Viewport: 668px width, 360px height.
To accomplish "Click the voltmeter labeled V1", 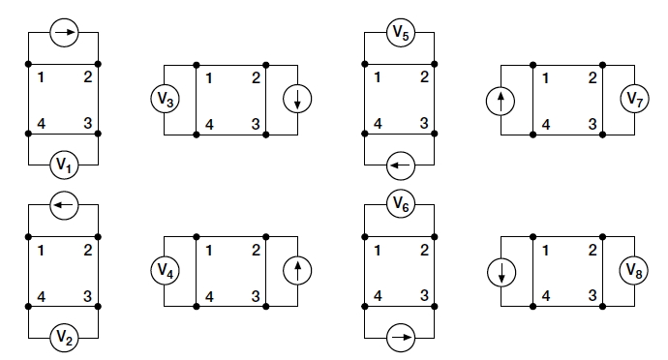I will point(64,165).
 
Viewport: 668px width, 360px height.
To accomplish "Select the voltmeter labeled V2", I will point(64,338).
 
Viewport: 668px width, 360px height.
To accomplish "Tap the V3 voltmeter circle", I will point(165,99).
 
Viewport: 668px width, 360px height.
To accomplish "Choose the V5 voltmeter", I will point(399,33).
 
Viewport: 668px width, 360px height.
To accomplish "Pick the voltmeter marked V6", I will point(399,203).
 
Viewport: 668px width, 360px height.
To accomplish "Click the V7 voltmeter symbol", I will point(635,99).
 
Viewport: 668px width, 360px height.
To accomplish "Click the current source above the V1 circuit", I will point(64,33).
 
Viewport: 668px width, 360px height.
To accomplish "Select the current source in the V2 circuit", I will point(64,204).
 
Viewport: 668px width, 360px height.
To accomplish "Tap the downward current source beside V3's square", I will point(297,99).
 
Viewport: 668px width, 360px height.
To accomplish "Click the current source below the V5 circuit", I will point(399,165).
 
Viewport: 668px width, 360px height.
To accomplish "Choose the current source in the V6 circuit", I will point(399,338).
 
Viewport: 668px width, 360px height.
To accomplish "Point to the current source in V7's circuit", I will point(501,99).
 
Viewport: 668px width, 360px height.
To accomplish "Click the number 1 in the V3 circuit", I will point(210,76).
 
